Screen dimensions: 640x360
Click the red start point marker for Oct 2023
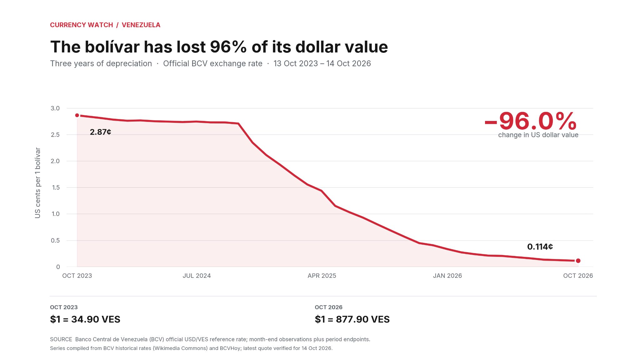click(77, 115)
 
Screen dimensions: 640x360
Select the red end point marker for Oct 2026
click(578, 261)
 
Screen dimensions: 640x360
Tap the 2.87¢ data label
click(100, 132)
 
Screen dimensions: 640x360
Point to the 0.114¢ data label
click(540, 247)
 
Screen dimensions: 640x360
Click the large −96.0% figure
click(531, 121)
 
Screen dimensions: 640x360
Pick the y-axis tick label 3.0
click(55, 108)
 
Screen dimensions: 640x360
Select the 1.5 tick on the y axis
click(56, 187)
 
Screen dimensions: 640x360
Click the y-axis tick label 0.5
click(55, 240)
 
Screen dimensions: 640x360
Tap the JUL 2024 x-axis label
click(197, 276)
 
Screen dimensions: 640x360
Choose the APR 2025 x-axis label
click(322, 276)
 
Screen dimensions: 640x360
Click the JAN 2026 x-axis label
click(447, 276)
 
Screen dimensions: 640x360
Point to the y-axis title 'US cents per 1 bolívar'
click(37, 183)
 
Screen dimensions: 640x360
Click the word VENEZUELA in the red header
click(141, 25)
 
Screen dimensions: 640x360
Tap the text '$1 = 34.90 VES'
click(85, 319)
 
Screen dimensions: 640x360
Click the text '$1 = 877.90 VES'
click(352, 319)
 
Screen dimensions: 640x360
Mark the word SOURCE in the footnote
click(61, 339)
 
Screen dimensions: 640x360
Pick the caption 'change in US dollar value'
click(538, 135)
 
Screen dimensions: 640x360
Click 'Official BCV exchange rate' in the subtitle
click(213, 63)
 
